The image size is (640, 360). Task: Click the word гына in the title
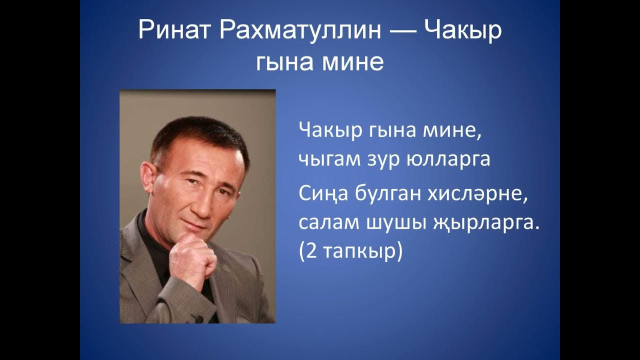284,63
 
